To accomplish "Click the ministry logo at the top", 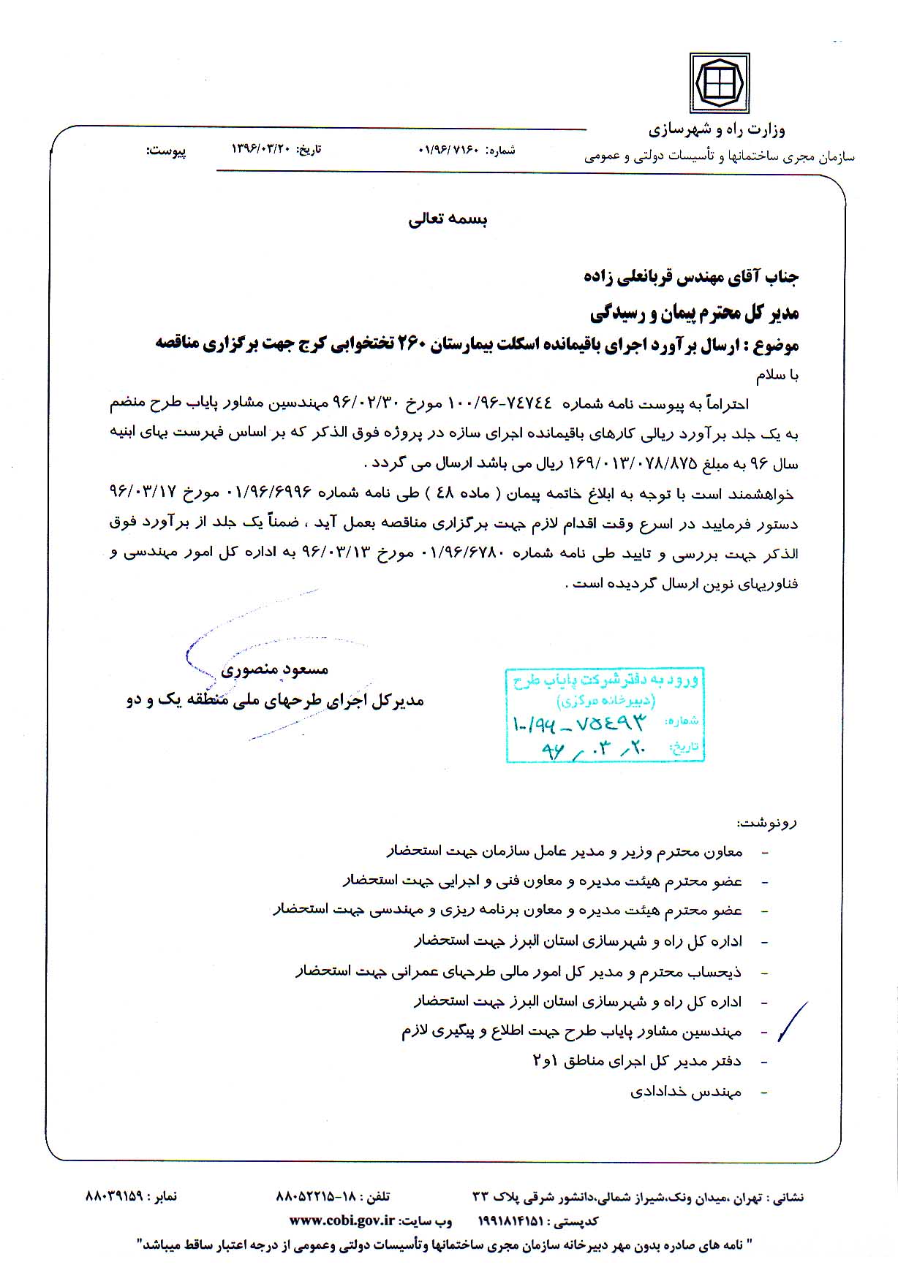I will (720, 82).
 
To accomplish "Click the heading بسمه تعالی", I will (448, 219).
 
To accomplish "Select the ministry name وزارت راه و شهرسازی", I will (717, 130).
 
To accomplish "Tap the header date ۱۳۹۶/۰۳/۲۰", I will (260, 149).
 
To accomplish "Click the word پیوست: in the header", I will (166, 151).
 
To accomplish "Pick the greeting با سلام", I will (777, 376).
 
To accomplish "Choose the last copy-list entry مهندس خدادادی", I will (685, 1092).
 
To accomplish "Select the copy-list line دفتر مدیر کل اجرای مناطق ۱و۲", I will (637, 1061).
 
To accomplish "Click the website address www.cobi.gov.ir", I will (342, 1220).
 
